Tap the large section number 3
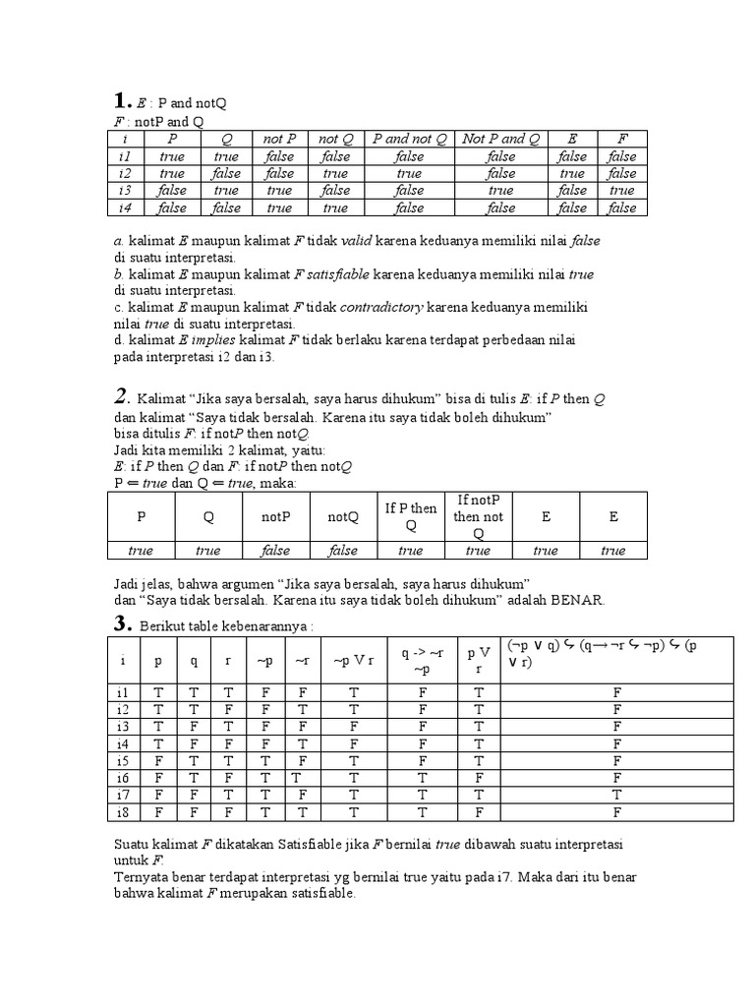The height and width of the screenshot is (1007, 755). [x=121, y=622]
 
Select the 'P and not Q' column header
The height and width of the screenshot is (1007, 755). [x=410, y=139]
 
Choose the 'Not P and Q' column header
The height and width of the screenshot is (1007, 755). [x=500, y=139]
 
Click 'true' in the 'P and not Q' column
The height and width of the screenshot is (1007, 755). [x=410, y=173]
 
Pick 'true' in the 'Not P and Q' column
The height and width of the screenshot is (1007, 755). [x=500, y=191]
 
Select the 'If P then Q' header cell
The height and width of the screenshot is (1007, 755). [x=411, y=516]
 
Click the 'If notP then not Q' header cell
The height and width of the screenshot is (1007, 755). [x=479, y=516]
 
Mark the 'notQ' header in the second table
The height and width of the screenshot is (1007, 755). [x=343, y=516]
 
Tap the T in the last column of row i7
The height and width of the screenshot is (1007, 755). [x=616, y=795]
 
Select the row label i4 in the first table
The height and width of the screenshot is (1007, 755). [x=124, y=208]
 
